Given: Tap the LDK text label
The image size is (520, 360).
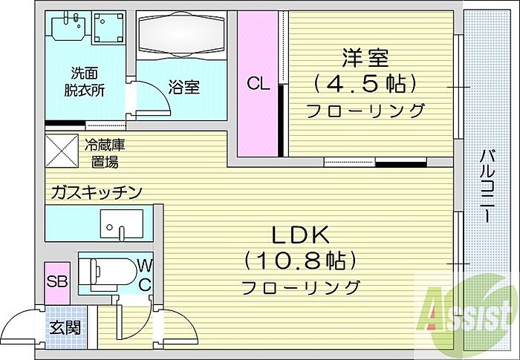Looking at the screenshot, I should coord(299,235).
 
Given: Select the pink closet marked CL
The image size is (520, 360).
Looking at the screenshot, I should coord(258,83).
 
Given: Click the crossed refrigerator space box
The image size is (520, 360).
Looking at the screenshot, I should coord(62,148).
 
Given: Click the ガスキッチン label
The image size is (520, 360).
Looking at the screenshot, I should coord(96,193).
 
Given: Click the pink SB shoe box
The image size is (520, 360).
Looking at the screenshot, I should coord(56,282).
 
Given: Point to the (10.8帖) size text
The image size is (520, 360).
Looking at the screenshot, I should coord(300,261).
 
